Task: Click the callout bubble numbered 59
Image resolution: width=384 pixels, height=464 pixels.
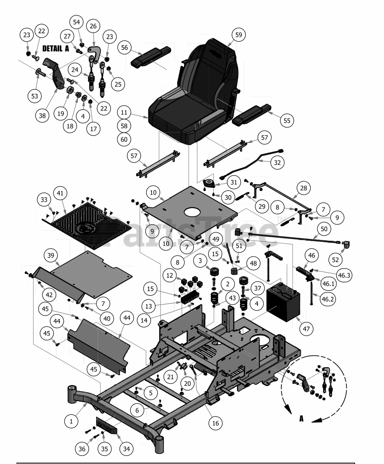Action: click(239, 35)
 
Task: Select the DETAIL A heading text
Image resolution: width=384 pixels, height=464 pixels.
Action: click(55, 49)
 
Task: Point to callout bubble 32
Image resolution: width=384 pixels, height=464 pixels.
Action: click(277, 163)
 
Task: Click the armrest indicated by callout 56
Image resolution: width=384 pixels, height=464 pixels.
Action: click(150, 57)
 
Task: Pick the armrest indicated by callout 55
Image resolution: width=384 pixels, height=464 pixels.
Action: click(252, 115)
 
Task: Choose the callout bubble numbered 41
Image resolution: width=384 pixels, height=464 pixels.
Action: click(60, 193)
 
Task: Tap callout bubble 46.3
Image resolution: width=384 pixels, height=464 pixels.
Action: click(344, 275)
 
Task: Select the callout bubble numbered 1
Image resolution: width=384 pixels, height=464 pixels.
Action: click(71, 421)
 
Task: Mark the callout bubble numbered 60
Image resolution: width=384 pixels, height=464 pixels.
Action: click(124, 140)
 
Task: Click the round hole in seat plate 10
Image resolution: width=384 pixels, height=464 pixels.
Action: click(192, 212)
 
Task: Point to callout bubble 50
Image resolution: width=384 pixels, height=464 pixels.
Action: click(324, 229)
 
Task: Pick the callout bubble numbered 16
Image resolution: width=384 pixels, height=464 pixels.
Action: click(215, 423)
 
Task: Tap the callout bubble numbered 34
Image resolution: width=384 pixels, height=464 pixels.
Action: click(126, 449)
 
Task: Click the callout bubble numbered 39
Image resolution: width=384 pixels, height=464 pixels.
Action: click(51, 255)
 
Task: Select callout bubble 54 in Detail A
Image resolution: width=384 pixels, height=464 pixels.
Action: click(76, 22)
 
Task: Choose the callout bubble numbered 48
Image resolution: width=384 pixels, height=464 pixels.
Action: click(253, 263)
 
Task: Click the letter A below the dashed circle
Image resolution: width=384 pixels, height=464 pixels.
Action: click(301, 418)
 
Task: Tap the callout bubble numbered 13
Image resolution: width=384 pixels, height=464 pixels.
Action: click(148, 306)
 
